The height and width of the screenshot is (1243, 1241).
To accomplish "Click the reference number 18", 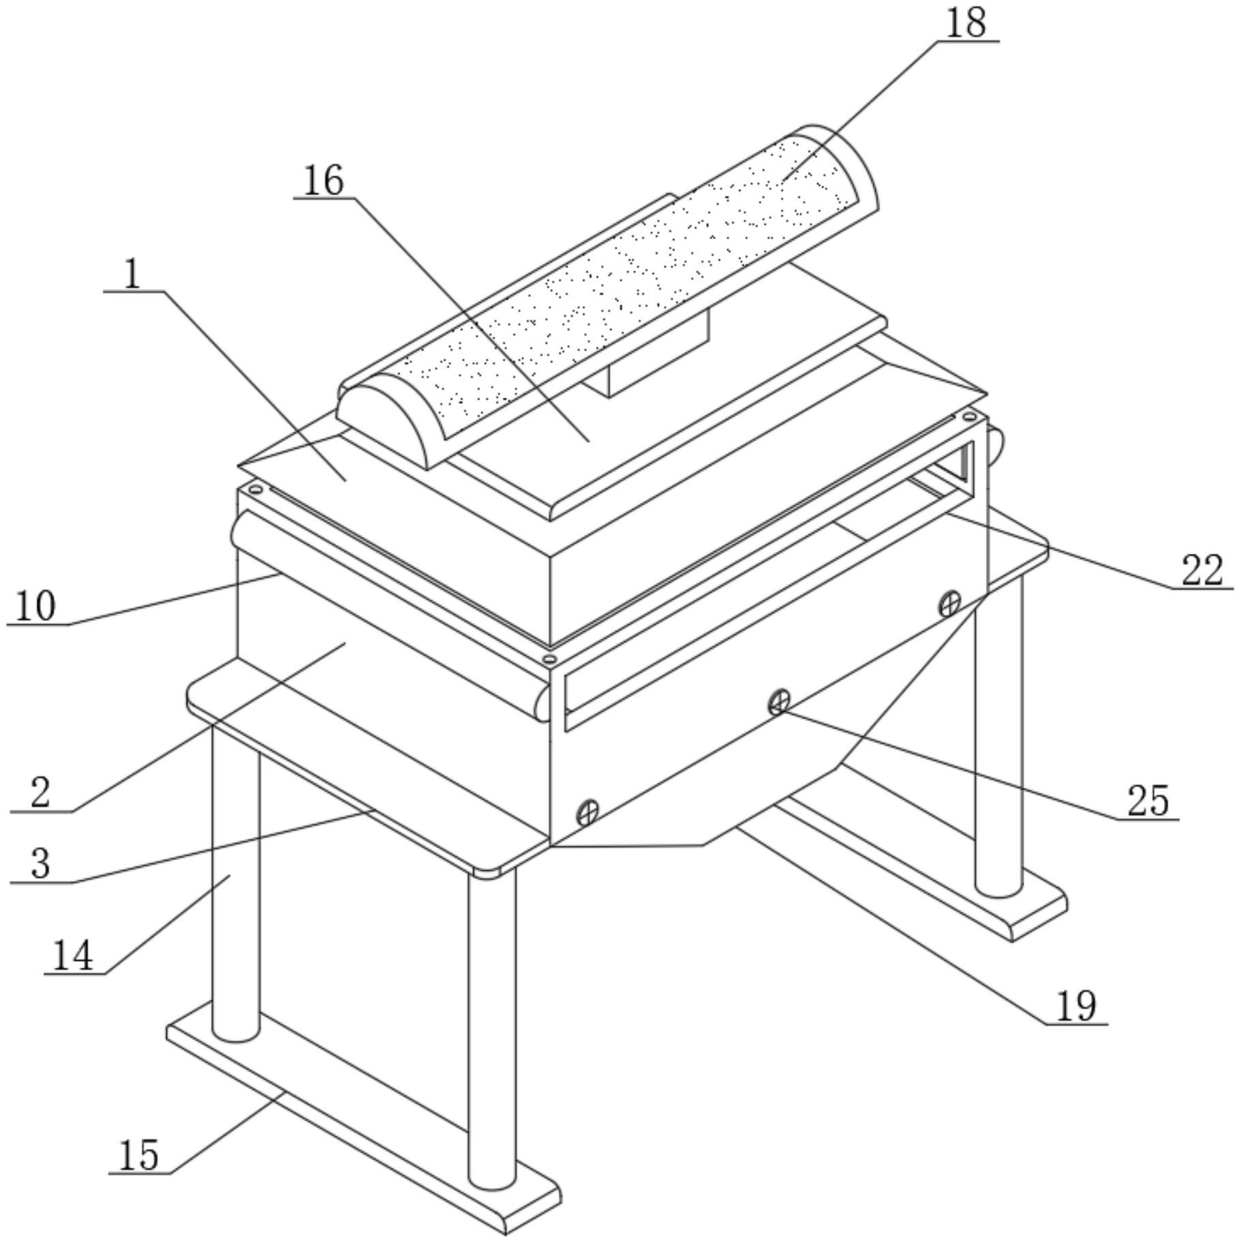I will (966, 23).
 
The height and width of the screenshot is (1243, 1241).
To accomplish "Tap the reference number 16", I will (323, 181).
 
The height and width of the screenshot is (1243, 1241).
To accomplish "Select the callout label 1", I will (132, 275).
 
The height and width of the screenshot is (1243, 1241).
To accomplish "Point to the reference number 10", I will (35, 606).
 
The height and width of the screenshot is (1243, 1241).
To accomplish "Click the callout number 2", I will (40, 793).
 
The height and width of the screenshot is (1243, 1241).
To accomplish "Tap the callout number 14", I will (72, 955).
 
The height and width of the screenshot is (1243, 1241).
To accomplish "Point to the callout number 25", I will (1148, 800).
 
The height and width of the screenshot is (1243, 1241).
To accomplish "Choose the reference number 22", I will (1202, 570).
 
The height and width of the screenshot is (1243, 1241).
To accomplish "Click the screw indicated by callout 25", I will (779, 701).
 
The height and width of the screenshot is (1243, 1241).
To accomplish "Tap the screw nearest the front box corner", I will (587, 812).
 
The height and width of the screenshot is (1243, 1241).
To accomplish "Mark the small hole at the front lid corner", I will (549, 659).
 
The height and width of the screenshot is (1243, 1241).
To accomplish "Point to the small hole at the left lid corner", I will (256, 489).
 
